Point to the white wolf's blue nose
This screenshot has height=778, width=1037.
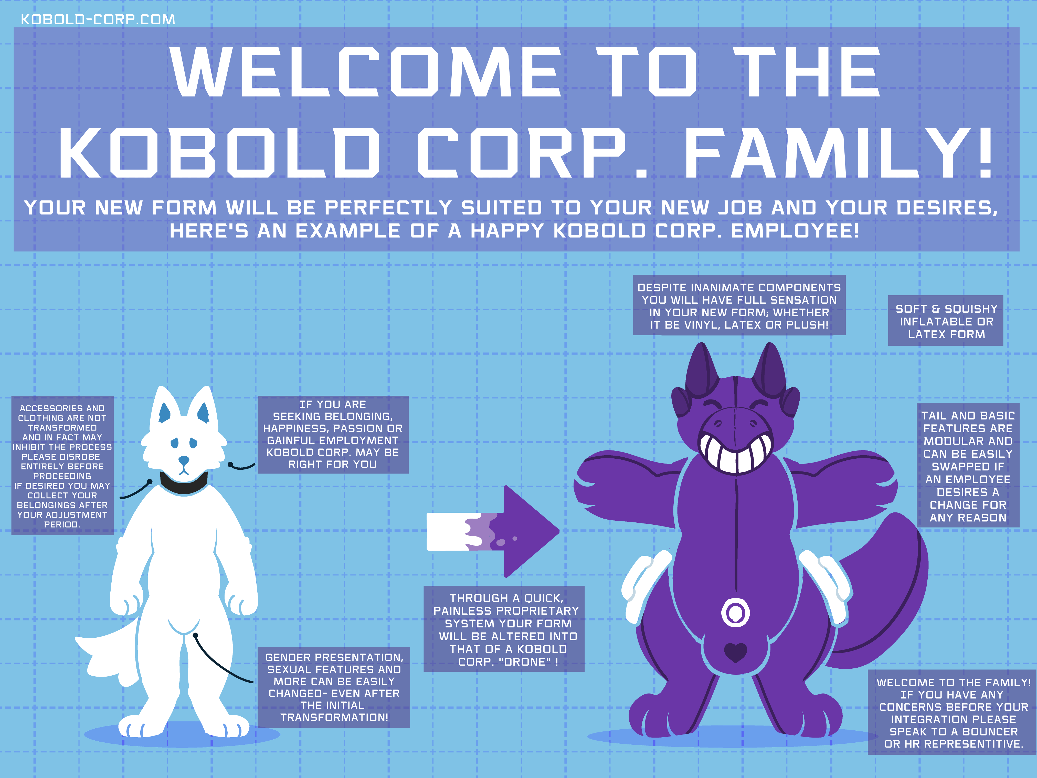point(184,460)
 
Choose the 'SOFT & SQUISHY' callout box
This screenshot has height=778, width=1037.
point(946,321)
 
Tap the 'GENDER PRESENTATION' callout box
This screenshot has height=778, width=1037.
point(334,688)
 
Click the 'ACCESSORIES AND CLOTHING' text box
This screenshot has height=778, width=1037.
point(62,466)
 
